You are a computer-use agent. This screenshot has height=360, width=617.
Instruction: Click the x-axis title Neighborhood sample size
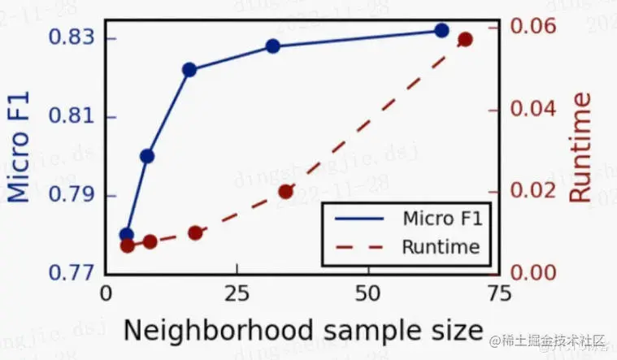pos(303,331)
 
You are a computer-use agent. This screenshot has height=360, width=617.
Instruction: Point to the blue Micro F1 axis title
pos(21,148)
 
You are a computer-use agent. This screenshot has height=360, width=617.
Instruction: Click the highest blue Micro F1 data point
pos(441,30)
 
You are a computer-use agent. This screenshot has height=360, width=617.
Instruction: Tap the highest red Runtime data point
pos(465,39)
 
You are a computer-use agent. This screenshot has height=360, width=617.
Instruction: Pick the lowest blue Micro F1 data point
pos(126,234)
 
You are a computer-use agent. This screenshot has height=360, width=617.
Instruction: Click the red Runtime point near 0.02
pos(285,192)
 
